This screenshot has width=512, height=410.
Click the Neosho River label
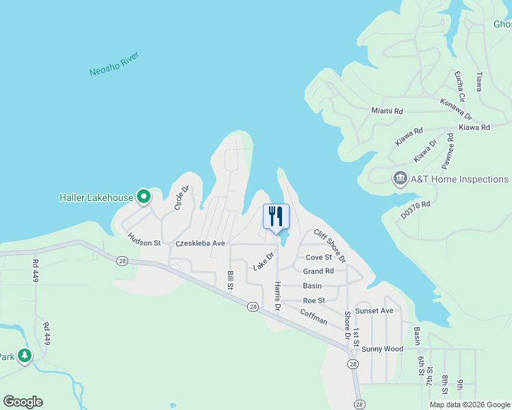click(x=114, y=64)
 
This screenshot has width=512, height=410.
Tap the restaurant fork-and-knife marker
click(x=276, y=217)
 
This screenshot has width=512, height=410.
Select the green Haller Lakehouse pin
click(x=144, y=197)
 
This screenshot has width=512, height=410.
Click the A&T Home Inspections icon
click(x=400, y=179)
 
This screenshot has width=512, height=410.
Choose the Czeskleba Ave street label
click(x=200, y=243)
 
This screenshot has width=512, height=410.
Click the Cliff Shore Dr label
click(x=330, y=246)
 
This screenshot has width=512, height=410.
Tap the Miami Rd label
click(x=387, y=111)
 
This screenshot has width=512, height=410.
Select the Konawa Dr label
click(x=456, y=108)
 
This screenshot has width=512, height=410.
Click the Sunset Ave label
click(x=374, y=311)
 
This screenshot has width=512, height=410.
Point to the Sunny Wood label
click(x=382, y=349)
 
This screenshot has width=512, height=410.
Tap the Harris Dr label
click(x=277, y=296)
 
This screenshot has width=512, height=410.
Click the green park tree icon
click(x=25, y=355)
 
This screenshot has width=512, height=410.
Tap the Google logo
click(x=23, y=402)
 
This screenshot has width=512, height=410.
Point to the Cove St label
click(x=318, y=258)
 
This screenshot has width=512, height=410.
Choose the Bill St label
click(x=231, y=279)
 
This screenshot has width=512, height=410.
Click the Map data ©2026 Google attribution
click(x=470, y=405)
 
